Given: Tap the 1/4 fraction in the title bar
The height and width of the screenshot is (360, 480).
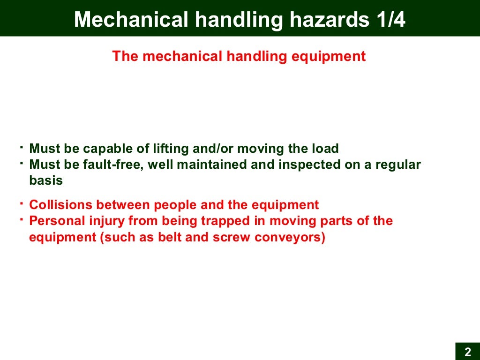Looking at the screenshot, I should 390,20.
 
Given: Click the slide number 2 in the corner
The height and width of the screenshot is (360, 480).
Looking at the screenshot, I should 467,352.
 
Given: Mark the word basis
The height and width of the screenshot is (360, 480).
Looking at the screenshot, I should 46,180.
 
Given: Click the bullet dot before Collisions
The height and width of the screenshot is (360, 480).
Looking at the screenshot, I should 22,202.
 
